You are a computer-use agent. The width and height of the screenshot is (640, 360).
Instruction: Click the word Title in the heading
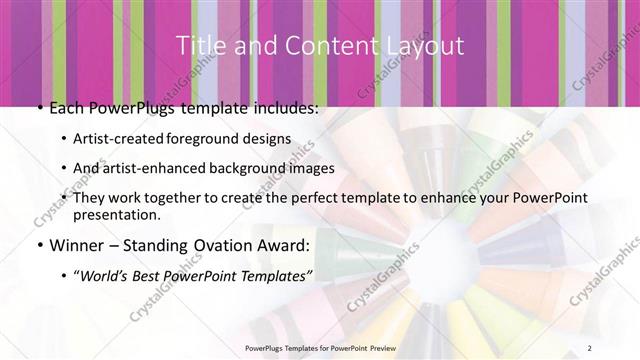click(x=198, y=46)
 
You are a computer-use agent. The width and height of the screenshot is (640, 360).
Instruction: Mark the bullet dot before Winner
click(x=38, y=245)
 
